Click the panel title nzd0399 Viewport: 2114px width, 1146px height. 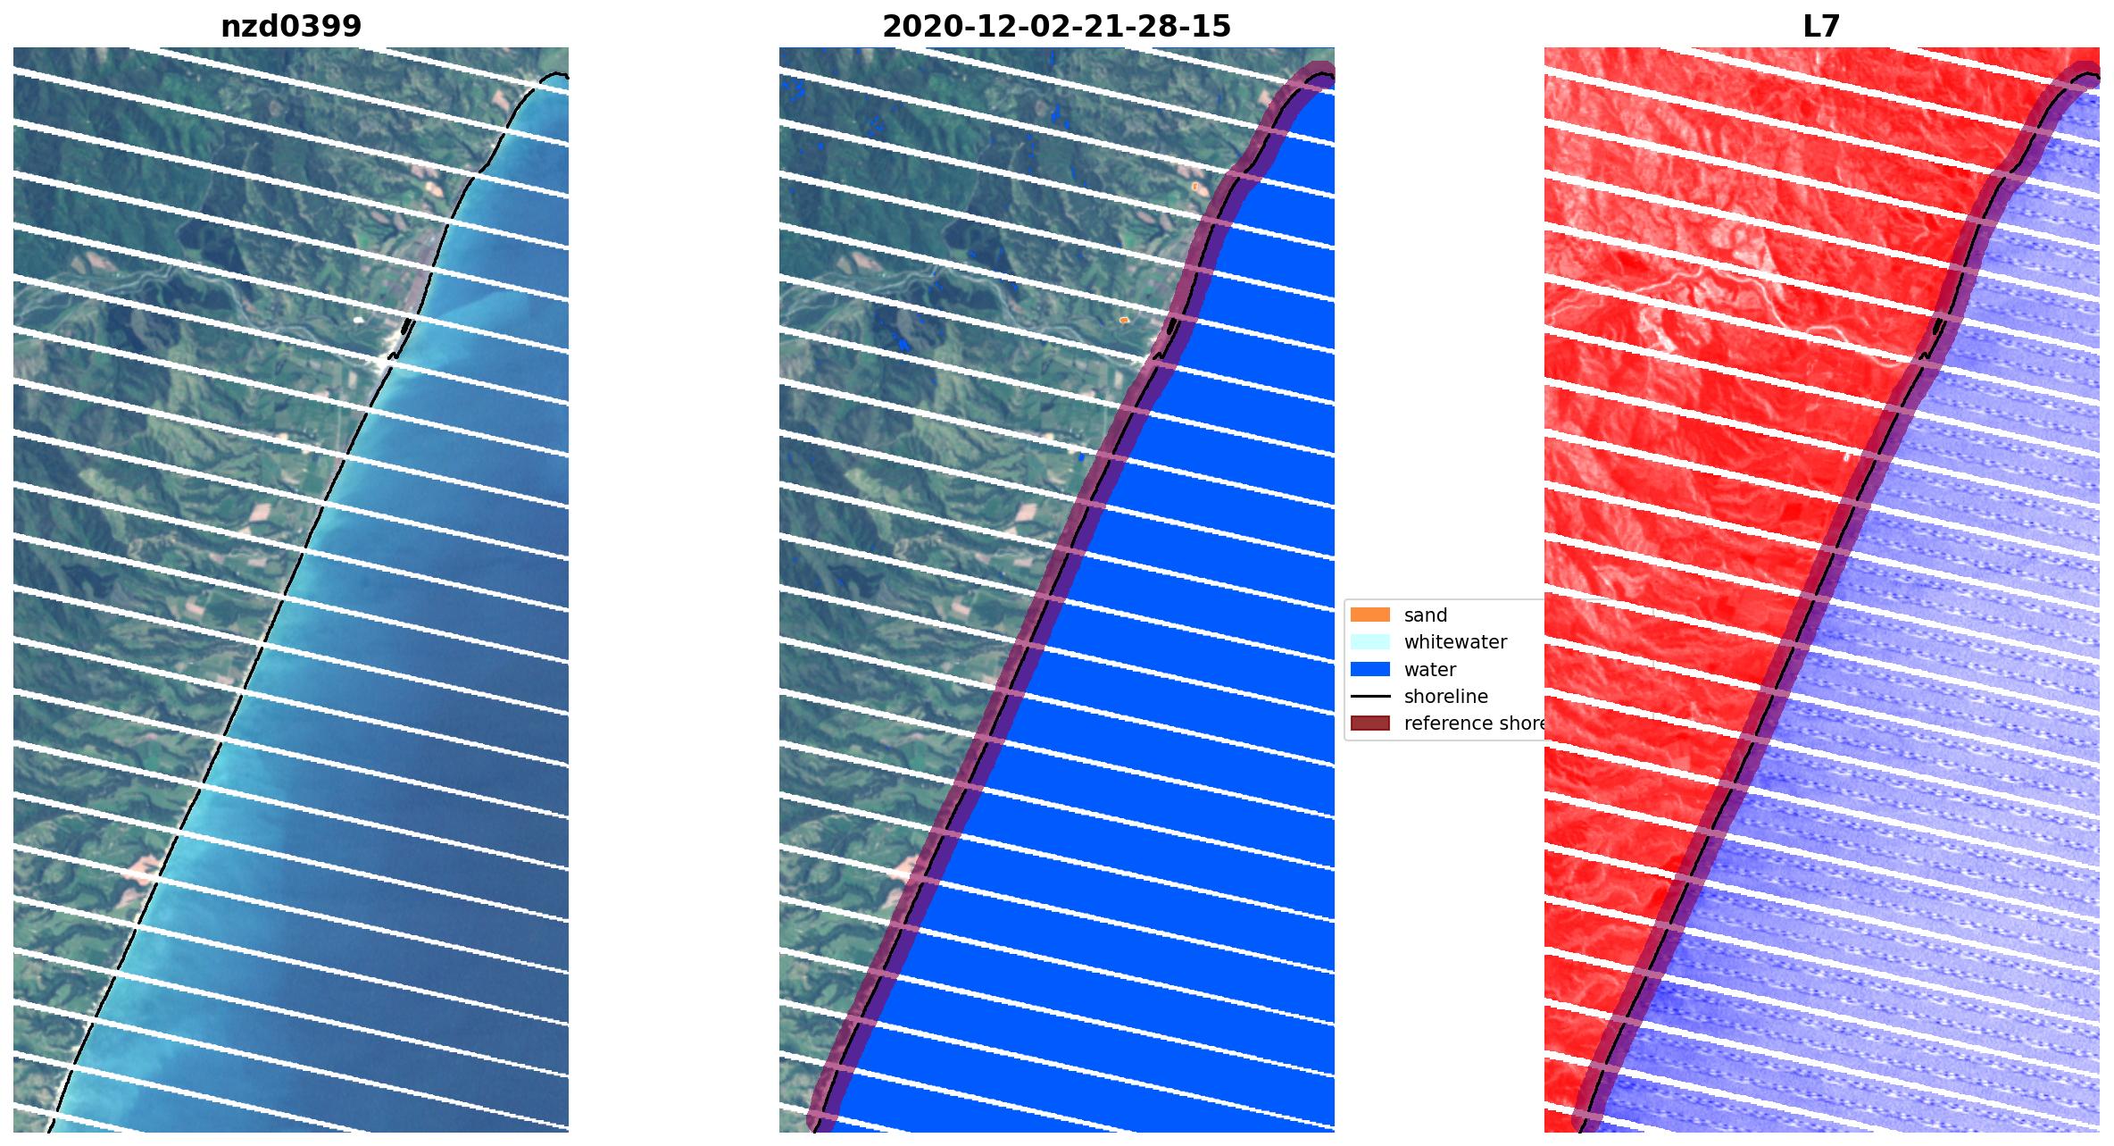point(291,27)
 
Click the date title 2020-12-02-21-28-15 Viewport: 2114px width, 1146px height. point(1056,27)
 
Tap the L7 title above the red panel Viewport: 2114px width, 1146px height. point(1821,27)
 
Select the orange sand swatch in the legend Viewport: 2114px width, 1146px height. point(1369,615)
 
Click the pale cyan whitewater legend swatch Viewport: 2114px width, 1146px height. point(1369,641)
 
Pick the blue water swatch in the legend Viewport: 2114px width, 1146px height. point(1369,669)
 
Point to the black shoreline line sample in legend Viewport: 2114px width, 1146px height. point(1369,696)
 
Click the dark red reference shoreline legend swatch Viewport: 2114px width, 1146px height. point(1369,723)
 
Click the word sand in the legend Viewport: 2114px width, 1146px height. point(1425,615)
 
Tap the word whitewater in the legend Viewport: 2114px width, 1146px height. point(1454,641)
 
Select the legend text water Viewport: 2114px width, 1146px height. point(1429,669)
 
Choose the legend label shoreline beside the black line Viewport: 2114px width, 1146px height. point(1445,696)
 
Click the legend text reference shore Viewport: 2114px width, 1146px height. point(1473,723)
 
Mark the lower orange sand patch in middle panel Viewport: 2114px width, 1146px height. point(1124,319)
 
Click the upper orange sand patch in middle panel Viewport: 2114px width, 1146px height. point(1194,186)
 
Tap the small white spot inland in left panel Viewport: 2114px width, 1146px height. point(359,319)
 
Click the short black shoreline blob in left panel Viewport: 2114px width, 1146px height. point(407,326)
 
